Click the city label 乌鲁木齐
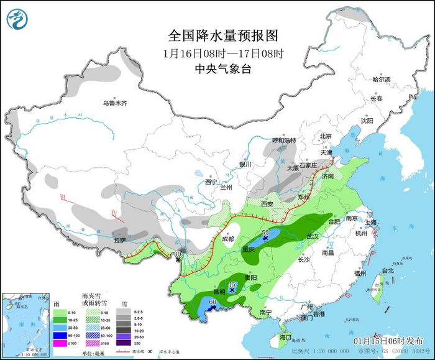click(x=115, y=103)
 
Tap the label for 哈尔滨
click(x=381, y=80)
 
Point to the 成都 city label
click(x=227, y=239)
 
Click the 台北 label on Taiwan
click(x=387, y=270)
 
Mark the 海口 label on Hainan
click(x=285, y=336)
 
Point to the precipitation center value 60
click(x=212, y=302)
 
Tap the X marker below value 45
click(x=232, y=290)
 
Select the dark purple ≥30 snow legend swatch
click(x=126, y=343)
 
